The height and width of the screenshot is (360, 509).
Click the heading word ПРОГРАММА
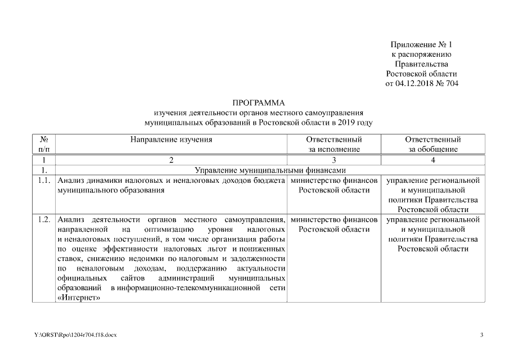tap(259, 103)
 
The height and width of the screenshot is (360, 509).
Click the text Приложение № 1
tap(421, 44)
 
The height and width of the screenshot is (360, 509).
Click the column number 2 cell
tap(172, 160)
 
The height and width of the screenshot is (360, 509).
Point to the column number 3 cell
tap(334, 160)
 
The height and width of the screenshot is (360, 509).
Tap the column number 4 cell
tap(433, 160)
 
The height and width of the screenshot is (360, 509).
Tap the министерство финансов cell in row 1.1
tap(334, 186)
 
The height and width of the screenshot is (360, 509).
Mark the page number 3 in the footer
tap(481, 335)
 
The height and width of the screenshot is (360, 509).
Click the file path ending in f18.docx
tap(75, 335)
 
